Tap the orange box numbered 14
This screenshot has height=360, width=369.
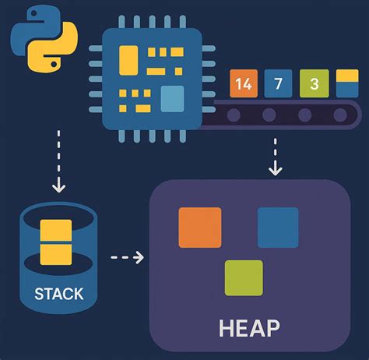pos(242,83)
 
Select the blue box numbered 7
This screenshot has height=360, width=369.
pos(278,83)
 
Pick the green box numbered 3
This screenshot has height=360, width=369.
pos(313,83)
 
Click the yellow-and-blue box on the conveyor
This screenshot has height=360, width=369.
pos(346,83)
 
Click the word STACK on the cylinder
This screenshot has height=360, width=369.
pos(58,295)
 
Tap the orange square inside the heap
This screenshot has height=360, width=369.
pos(200,228)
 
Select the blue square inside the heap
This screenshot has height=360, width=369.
pos(278,228)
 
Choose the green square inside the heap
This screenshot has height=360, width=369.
pos(243,277)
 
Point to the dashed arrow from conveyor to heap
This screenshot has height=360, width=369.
pos(274,155)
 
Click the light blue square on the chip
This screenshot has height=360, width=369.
pos(172,100)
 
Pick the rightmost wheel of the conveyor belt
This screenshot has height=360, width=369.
pos(341,115)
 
